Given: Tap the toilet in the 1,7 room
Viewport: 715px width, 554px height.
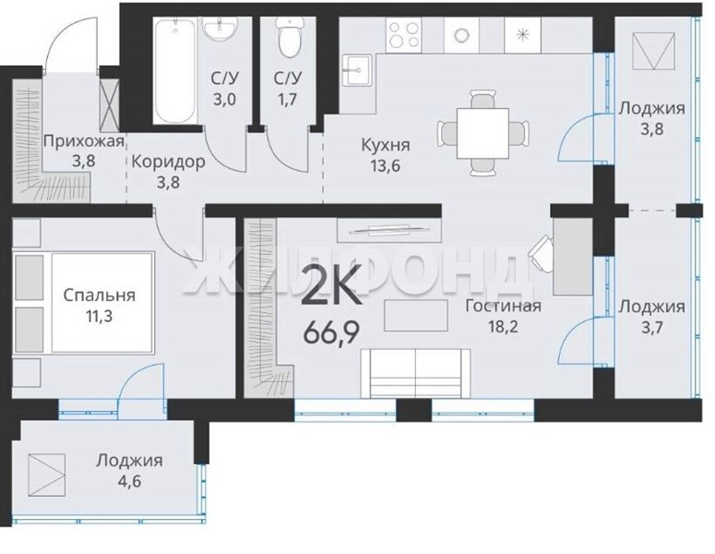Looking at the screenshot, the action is point(289,38).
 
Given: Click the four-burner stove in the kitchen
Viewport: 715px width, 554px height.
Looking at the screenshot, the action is point(404,35).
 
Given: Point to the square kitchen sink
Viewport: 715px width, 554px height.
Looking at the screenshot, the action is point(358,70).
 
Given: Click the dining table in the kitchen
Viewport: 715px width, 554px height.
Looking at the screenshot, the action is point(483,133).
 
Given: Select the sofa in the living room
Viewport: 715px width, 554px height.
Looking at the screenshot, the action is point(415,373).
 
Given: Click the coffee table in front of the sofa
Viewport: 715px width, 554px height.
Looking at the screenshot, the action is point(415,315).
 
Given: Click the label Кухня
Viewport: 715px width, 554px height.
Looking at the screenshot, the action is point(386,145).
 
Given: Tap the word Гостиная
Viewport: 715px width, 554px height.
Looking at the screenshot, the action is point(503,306).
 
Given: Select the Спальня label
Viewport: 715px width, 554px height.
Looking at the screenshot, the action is point(100,295).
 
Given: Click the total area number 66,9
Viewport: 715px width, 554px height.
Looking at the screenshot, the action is point(331,333).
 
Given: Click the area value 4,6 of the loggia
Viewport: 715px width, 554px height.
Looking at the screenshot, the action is point(129,481).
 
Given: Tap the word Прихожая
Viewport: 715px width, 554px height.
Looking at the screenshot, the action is point(83,141).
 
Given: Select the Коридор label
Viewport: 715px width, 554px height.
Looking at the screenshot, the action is point(168,162).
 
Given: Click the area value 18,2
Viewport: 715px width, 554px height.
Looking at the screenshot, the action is point(503,327).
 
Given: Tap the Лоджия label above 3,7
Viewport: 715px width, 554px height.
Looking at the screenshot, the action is point(651,307).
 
